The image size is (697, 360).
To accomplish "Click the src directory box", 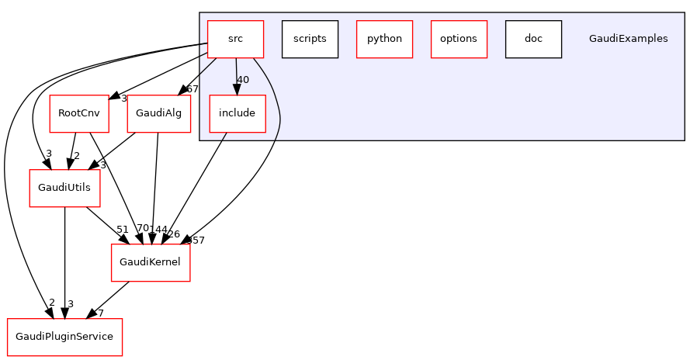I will pyautogui.click(x=235, y=39).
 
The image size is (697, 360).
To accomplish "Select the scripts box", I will pyautogui.click(x=310, y=39).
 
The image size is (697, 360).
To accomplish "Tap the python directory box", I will pyautogui.click(x=384, y=39).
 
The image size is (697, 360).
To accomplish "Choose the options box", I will pyautogui.click(x=459, y=39).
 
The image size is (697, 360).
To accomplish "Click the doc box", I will pyautogui.click(x=533, y=39).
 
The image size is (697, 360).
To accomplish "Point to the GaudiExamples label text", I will pyautogui.click(x=628, y=39).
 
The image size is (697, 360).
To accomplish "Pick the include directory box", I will pyautogui.click(x=237, y=113).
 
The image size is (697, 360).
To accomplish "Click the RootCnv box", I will pyautogui.click(x=78, y=113).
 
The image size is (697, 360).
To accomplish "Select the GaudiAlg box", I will pyautogui.click(x=158, y=113).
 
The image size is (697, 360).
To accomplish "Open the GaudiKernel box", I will pyautogui.click(x=151, y=262).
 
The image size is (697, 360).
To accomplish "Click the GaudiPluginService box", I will pyautogui.click(x=64, y=337).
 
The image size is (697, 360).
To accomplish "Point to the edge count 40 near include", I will pyautogui.click(x=243, y=80).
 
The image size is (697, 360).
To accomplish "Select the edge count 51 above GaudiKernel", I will pyautogui.click(x=122, y=229).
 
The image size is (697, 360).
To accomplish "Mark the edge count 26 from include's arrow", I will pyautogui.click(x=174, y=234).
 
